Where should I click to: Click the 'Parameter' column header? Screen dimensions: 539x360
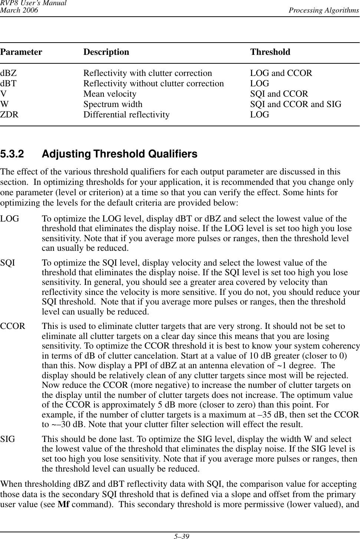pos(21,52)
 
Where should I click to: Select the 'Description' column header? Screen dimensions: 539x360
pos(106,52)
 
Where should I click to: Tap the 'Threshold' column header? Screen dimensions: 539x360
pos(270,52)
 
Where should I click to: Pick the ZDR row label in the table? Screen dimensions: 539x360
pos(9,115)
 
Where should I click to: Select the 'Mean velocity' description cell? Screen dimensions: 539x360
pos(110,94)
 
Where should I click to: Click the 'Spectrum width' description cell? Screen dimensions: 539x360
pos(113,104)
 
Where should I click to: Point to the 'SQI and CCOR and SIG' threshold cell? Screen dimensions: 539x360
pos(296,104)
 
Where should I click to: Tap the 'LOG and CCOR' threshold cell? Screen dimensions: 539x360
pos(281,73)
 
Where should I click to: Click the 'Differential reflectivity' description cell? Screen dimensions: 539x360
pos(126,115)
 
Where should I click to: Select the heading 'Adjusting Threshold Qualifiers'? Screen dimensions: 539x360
pos(120,154)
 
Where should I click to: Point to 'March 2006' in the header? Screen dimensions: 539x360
pos(19,10)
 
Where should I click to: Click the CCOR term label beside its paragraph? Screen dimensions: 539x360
pos(13,327)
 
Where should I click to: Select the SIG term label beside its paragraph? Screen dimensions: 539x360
pos(8,440)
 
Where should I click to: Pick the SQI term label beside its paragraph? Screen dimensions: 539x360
pos(8,263)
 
